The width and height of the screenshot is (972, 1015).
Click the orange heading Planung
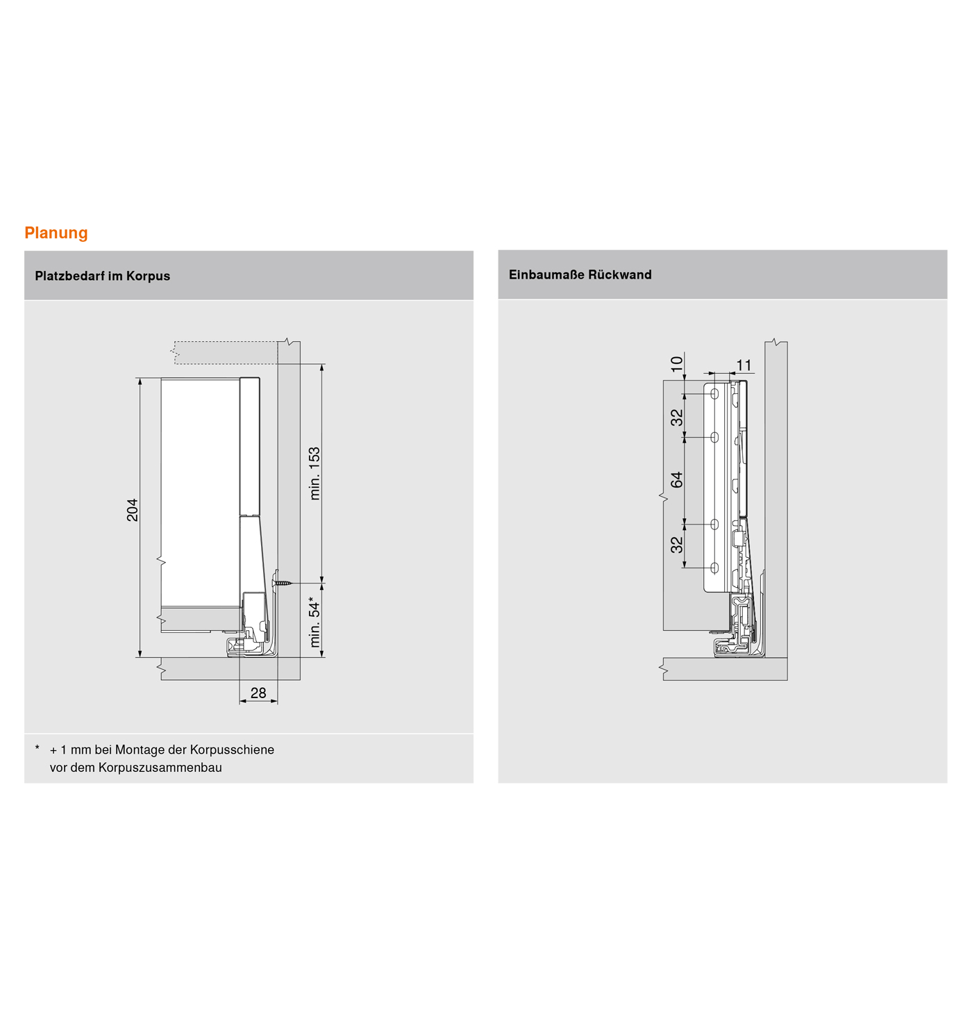(56, 233)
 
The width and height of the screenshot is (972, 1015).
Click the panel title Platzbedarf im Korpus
(102, 276)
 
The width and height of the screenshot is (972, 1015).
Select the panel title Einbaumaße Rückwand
(580, 274)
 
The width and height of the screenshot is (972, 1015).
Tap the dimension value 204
(133, 509)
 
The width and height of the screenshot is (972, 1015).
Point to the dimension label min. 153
(315, 473)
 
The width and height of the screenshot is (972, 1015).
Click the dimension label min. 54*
(315, 621)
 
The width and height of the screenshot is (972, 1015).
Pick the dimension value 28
(258, 693)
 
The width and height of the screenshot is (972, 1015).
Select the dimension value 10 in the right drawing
(677, 364)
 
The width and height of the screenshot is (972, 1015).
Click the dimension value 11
(744, 365)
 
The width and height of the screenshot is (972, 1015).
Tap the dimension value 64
(677, 479)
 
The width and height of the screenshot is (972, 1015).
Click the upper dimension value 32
(677, 418)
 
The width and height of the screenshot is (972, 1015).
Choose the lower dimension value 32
(677, 545)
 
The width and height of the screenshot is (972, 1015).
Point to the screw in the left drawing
(283, 581)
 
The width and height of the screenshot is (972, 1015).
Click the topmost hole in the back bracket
(714, 395)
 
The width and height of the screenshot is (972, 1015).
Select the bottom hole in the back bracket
(714, 568)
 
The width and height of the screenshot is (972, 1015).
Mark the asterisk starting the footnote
(37, 748)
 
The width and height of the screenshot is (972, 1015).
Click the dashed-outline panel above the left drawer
(225, 352)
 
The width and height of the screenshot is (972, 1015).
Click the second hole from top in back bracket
(714, 438)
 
